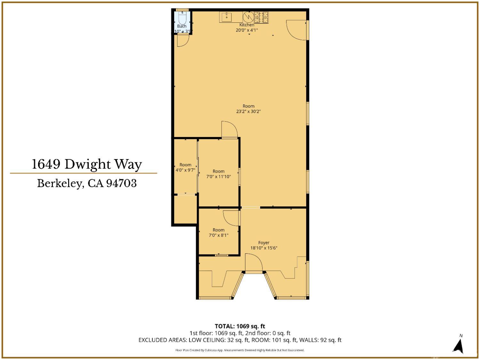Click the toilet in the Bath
pos(182,17)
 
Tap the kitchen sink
pos(227,17)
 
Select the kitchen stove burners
pos(261,17)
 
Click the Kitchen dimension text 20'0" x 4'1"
pos(247,30)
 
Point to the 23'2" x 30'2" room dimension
pos(248,112)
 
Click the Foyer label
pos(264,243)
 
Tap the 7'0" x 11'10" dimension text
pos(219,177)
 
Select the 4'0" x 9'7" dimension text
pos(185,170)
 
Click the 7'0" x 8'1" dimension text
pos(219,235)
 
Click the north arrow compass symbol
pos(460,346)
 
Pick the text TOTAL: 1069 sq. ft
pos(240,326)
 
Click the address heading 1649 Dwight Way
pos(87,164)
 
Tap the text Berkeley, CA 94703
pos(87,183)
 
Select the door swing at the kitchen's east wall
pos(297,30)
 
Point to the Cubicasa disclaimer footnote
pos(240,350)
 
